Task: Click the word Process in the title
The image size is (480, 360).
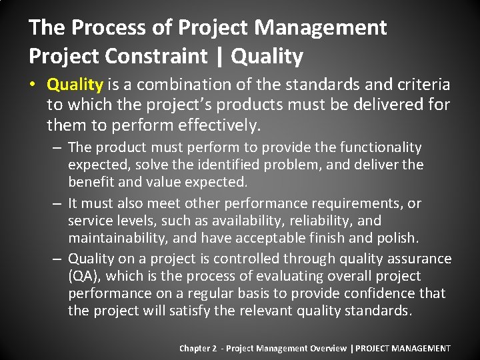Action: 101,27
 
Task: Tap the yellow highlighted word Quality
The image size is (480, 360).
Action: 75,85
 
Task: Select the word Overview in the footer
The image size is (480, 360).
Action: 327,348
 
